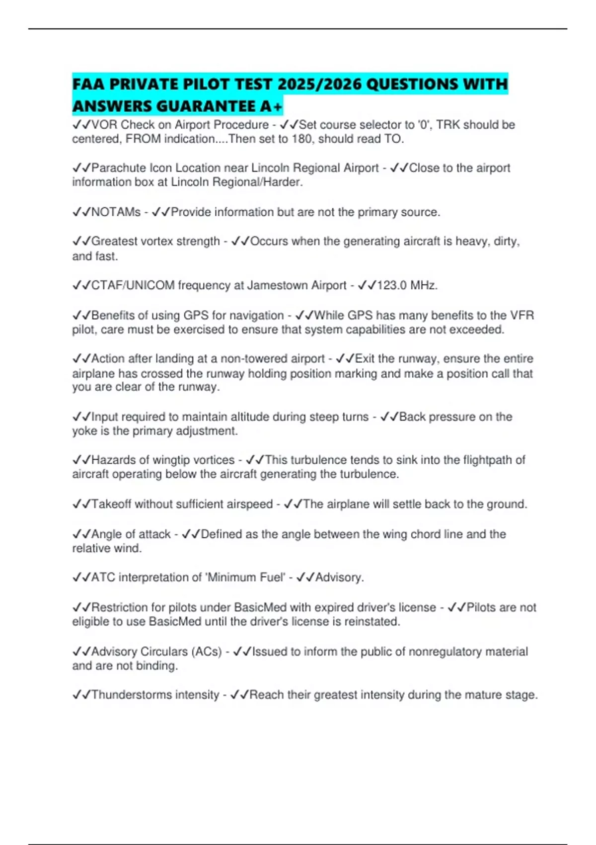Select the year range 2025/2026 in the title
click(x=319, y=84)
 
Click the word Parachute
click(x=119, y=168)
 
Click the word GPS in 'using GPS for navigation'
click(x=196, y=316)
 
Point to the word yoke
click(x=85, y=431)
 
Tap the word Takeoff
click(x=112, y=505)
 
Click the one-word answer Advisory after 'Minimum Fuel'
click(x=339, y=578)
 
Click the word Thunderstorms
click(x=131, y=695)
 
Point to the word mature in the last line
click(x=460, y=695)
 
